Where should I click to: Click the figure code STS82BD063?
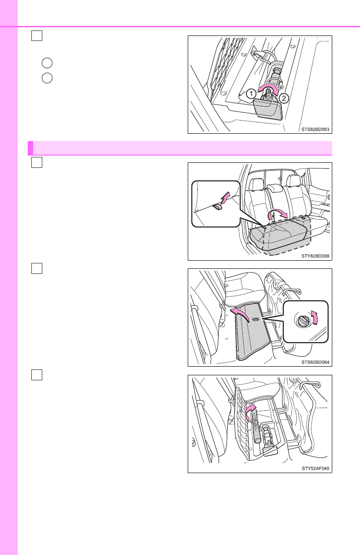pyautogui.click(x=315, y=129)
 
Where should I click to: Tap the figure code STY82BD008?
pyautogui.click(x=315, y=256)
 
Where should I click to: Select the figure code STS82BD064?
pyautogui.click(x=315, y=362)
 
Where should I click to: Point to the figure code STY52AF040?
pyautogui.click(x=315, y=468)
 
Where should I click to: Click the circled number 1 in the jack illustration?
pyautogui.click(x=251, y=94)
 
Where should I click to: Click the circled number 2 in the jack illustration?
pyautogui.click(x=284, y=98)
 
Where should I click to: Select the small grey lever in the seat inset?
pyautogui.click(x=218, y=207)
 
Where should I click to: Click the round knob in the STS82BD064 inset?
pyautogui.click(x=303, y=322)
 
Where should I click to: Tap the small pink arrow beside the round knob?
pyautogui.click(x=315, y=318)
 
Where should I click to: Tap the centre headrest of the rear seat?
pyautogui.click(x=275, y=187)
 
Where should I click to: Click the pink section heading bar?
pyautogui.click(x=180, y=148)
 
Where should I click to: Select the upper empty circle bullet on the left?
pyautogui.click(x=47, y=63)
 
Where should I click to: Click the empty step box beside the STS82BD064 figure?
pyautogui.click(x=37, y=268)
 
